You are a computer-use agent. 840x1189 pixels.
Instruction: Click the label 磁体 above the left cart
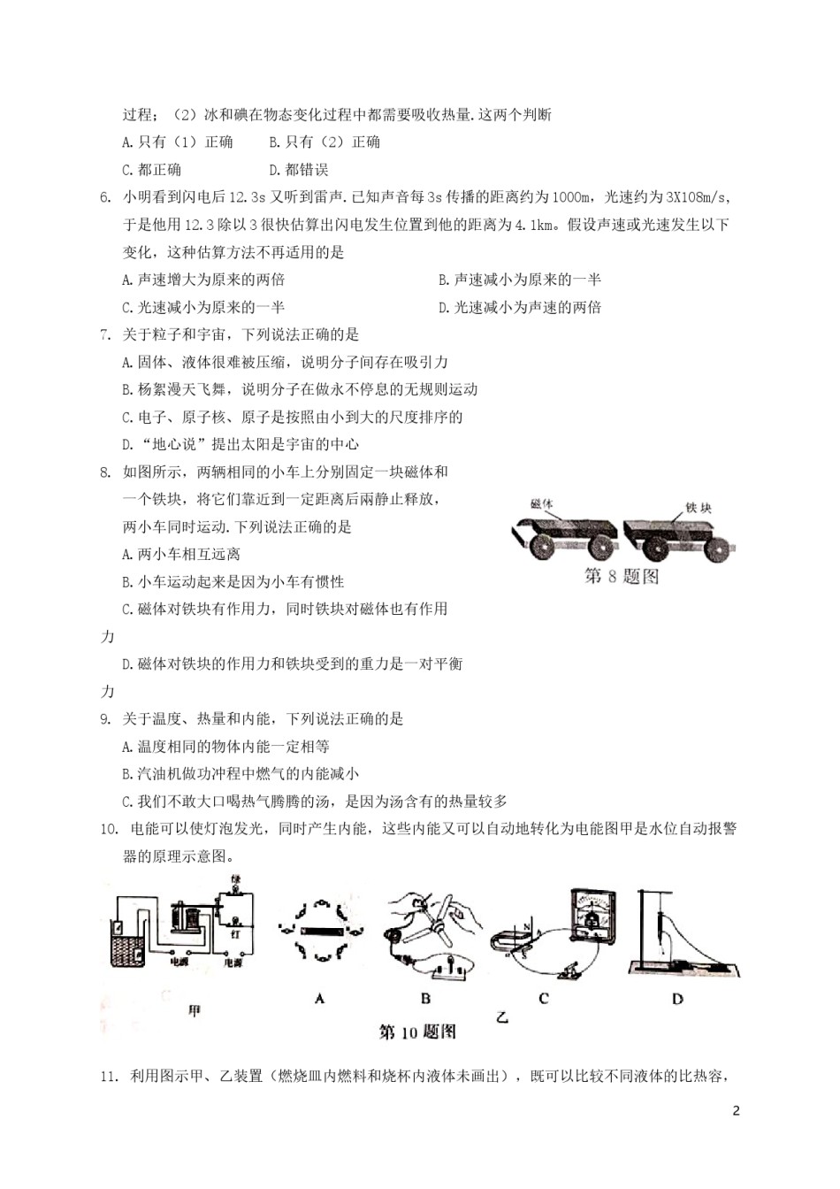tap(540, 504)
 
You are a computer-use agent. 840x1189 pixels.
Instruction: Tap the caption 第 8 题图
tap(622, 576)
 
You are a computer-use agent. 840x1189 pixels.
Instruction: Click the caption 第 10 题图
tap(416, 1032)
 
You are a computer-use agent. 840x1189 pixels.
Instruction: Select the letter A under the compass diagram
tap(319, 998)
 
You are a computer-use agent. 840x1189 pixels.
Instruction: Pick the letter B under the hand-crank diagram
tap(425, 998)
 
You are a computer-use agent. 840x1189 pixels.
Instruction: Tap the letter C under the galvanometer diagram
tap(543, 998)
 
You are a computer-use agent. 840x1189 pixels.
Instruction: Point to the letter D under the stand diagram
tap(677, 998)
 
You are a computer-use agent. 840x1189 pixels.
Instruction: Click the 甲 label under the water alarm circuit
tap(195, 1009)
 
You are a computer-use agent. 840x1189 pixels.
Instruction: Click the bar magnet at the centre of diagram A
tap(318, 930)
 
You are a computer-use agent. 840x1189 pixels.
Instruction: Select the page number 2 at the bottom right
tap(736, 1111)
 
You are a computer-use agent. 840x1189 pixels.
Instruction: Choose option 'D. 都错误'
tap(298, 170)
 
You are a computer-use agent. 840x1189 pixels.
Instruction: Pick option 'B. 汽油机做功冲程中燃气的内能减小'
tap(241, 774)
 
